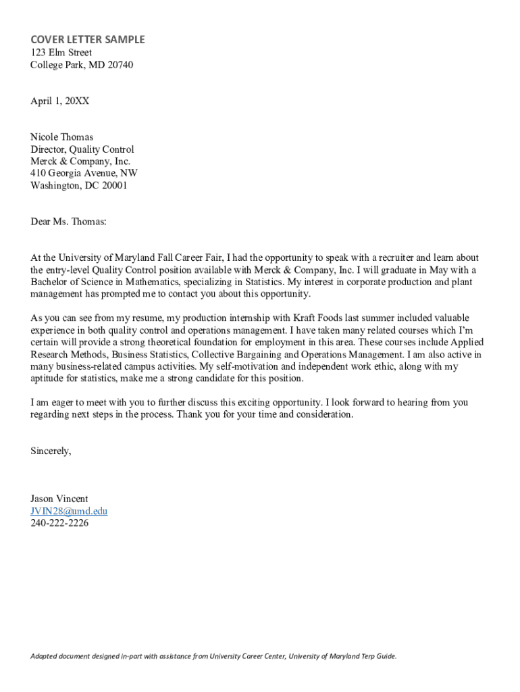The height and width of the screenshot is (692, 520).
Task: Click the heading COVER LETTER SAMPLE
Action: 87,40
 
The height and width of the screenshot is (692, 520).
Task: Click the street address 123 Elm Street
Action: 61,53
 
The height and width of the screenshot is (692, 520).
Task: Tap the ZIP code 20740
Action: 119,66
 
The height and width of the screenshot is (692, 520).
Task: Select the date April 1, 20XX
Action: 59,101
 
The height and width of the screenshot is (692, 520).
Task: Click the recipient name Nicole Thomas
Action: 62,137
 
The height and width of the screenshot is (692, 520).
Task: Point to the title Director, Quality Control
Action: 82,149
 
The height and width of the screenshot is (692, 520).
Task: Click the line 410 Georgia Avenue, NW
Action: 84,174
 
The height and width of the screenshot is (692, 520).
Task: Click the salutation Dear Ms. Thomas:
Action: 68,222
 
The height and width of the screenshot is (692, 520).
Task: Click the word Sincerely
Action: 50,450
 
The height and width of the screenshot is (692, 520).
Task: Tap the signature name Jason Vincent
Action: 59,499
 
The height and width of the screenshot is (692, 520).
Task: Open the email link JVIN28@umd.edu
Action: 69,512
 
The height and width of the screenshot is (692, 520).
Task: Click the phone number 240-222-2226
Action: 59,524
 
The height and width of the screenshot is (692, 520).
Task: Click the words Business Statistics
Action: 150,354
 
